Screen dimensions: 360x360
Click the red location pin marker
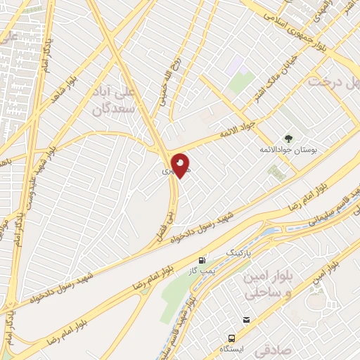pos(180,165)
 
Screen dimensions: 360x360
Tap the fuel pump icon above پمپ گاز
pos(202,259)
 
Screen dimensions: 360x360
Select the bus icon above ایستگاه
pos(246,320)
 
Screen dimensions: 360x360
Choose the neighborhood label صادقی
pos(271,348)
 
